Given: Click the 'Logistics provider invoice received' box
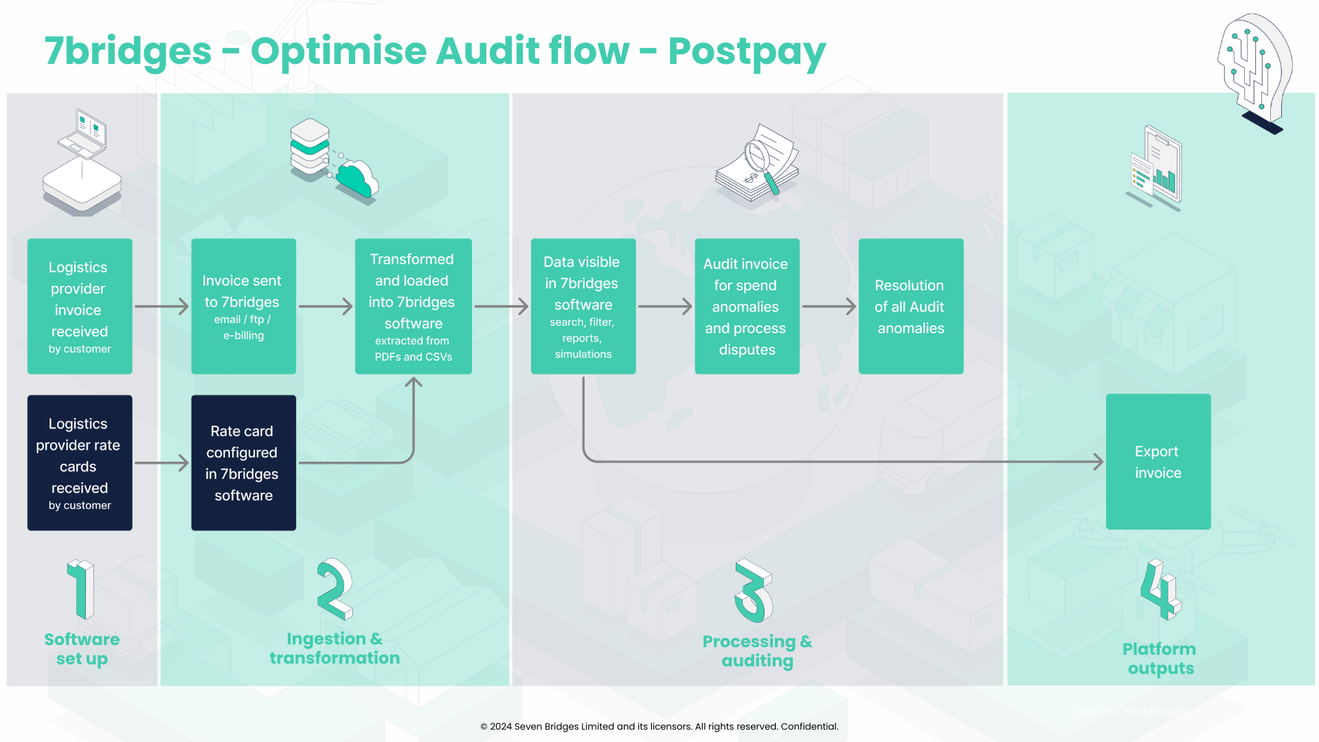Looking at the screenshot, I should (80, 306).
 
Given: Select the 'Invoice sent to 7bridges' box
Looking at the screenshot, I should (243, 306).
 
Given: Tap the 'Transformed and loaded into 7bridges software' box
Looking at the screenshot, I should (413, 306).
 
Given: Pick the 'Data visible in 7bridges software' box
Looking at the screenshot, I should (583, 306).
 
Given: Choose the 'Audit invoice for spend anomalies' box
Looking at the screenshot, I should (747, 306).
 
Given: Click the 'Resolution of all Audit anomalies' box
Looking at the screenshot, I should (910, 306).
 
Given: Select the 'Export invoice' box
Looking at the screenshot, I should (1158, 462).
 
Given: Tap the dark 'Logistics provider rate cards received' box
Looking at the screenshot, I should (80, 462).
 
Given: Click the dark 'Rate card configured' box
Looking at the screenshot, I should (243, 462).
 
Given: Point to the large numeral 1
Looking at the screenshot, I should (82, 589).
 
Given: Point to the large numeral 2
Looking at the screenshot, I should (335, 589).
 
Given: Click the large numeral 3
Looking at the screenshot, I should (754, 590).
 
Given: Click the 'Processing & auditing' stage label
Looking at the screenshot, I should (757, 651).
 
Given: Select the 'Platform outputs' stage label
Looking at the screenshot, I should (1160, 658).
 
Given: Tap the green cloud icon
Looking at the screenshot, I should (357, 179).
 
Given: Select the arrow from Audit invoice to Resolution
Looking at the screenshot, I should (828, 306).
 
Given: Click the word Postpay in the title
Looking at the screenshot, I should (747, 52).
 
